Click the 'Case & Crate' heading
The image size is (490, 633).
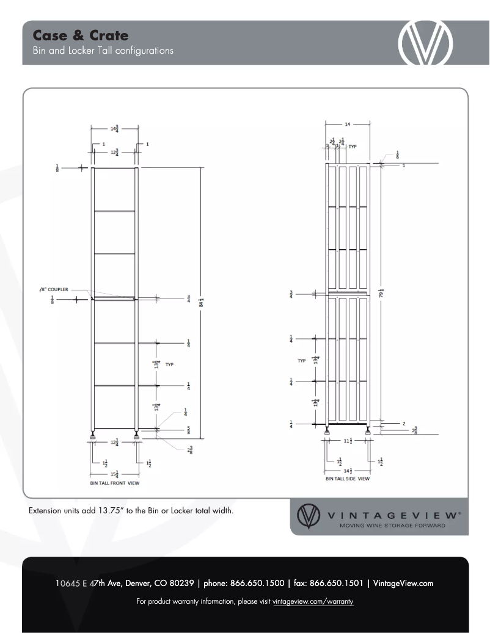pyautogui.click(x=81, y=35)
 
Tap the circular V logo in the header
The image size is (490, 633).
pyautogui.click(x=425, y=43)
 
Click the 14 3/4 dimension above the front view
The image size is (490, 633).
pyautogui.click(x=114, y=129)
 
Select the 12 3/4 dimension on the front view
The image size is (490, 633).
pyautogui.click(x=114, y=153)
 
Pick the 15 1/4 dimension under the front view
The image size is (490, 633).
pyautogui.click(x=114, y=474)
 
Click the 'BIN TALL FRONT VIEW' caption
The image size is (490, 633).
pyautogui.click(x=115, y=483)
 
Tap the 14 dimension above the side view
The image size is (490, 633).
pyautogui.click(x=348, y=124)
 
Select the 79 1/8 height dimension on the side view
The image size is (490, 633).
pyautogui.click(x=382, y=294)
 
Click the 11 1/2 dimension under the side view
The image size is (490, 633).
pyautogui.click(x=348, y=440)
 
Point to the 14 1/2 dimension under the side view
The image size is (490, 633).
pyautogui.click(x=348, y=470)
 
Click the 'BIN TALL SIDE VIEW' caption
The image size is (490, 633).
pyautogui.click(x=348, y=479)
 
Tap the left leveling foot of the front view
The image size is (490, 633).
pyautogui.click(x=93, y=435)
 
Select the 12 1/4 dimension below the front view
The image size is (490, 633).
pyautogui.click(x=114, y=443)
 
